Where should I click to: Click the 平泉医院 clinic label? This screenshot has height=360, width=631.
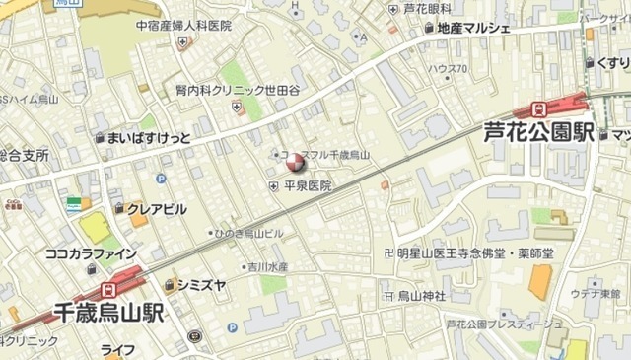[307, 185]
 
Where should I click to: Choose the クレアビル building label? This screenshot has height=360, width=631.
[156, 209]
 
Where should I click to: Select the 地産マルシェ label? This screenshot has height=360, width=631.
[472, 28]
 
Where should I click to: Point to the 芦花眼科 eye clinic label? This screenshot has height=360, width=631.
[427, 8]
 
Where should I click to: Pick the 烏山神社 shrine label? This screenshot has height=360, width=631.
[421, 295]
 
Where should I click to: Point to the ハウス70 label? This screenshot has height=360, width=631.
[448, 69]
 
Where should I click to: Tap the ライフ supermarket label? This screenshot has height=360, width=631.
[118, 350]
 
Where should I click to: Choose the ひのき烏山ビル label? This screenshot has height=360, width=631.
[249, 233]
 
